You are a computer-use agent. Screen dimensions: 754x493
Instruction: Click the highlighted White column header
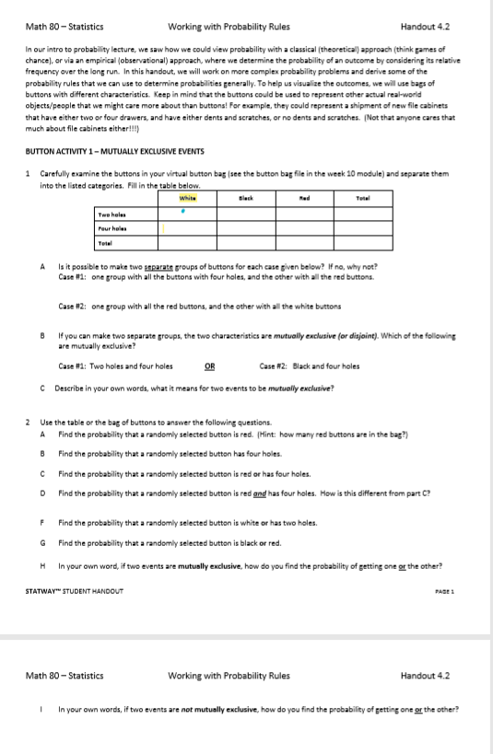(188, 198)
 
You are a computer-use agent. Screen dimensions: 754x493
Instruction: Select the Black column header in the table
(246, 198)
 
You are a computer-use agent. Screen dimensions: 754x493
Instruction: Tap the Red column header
(303, 198)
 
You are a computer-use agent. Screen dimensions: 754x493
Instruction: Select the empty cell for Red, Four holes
(303, 227)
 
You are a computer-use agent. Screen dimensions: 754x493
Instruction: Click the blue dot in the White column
(184, 209)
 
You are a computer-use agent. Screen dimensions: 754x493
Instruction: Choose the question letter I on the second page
(42, 710)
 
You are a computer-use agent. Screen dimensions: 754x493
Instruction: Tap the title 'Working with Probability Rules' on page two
(229, 675)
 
